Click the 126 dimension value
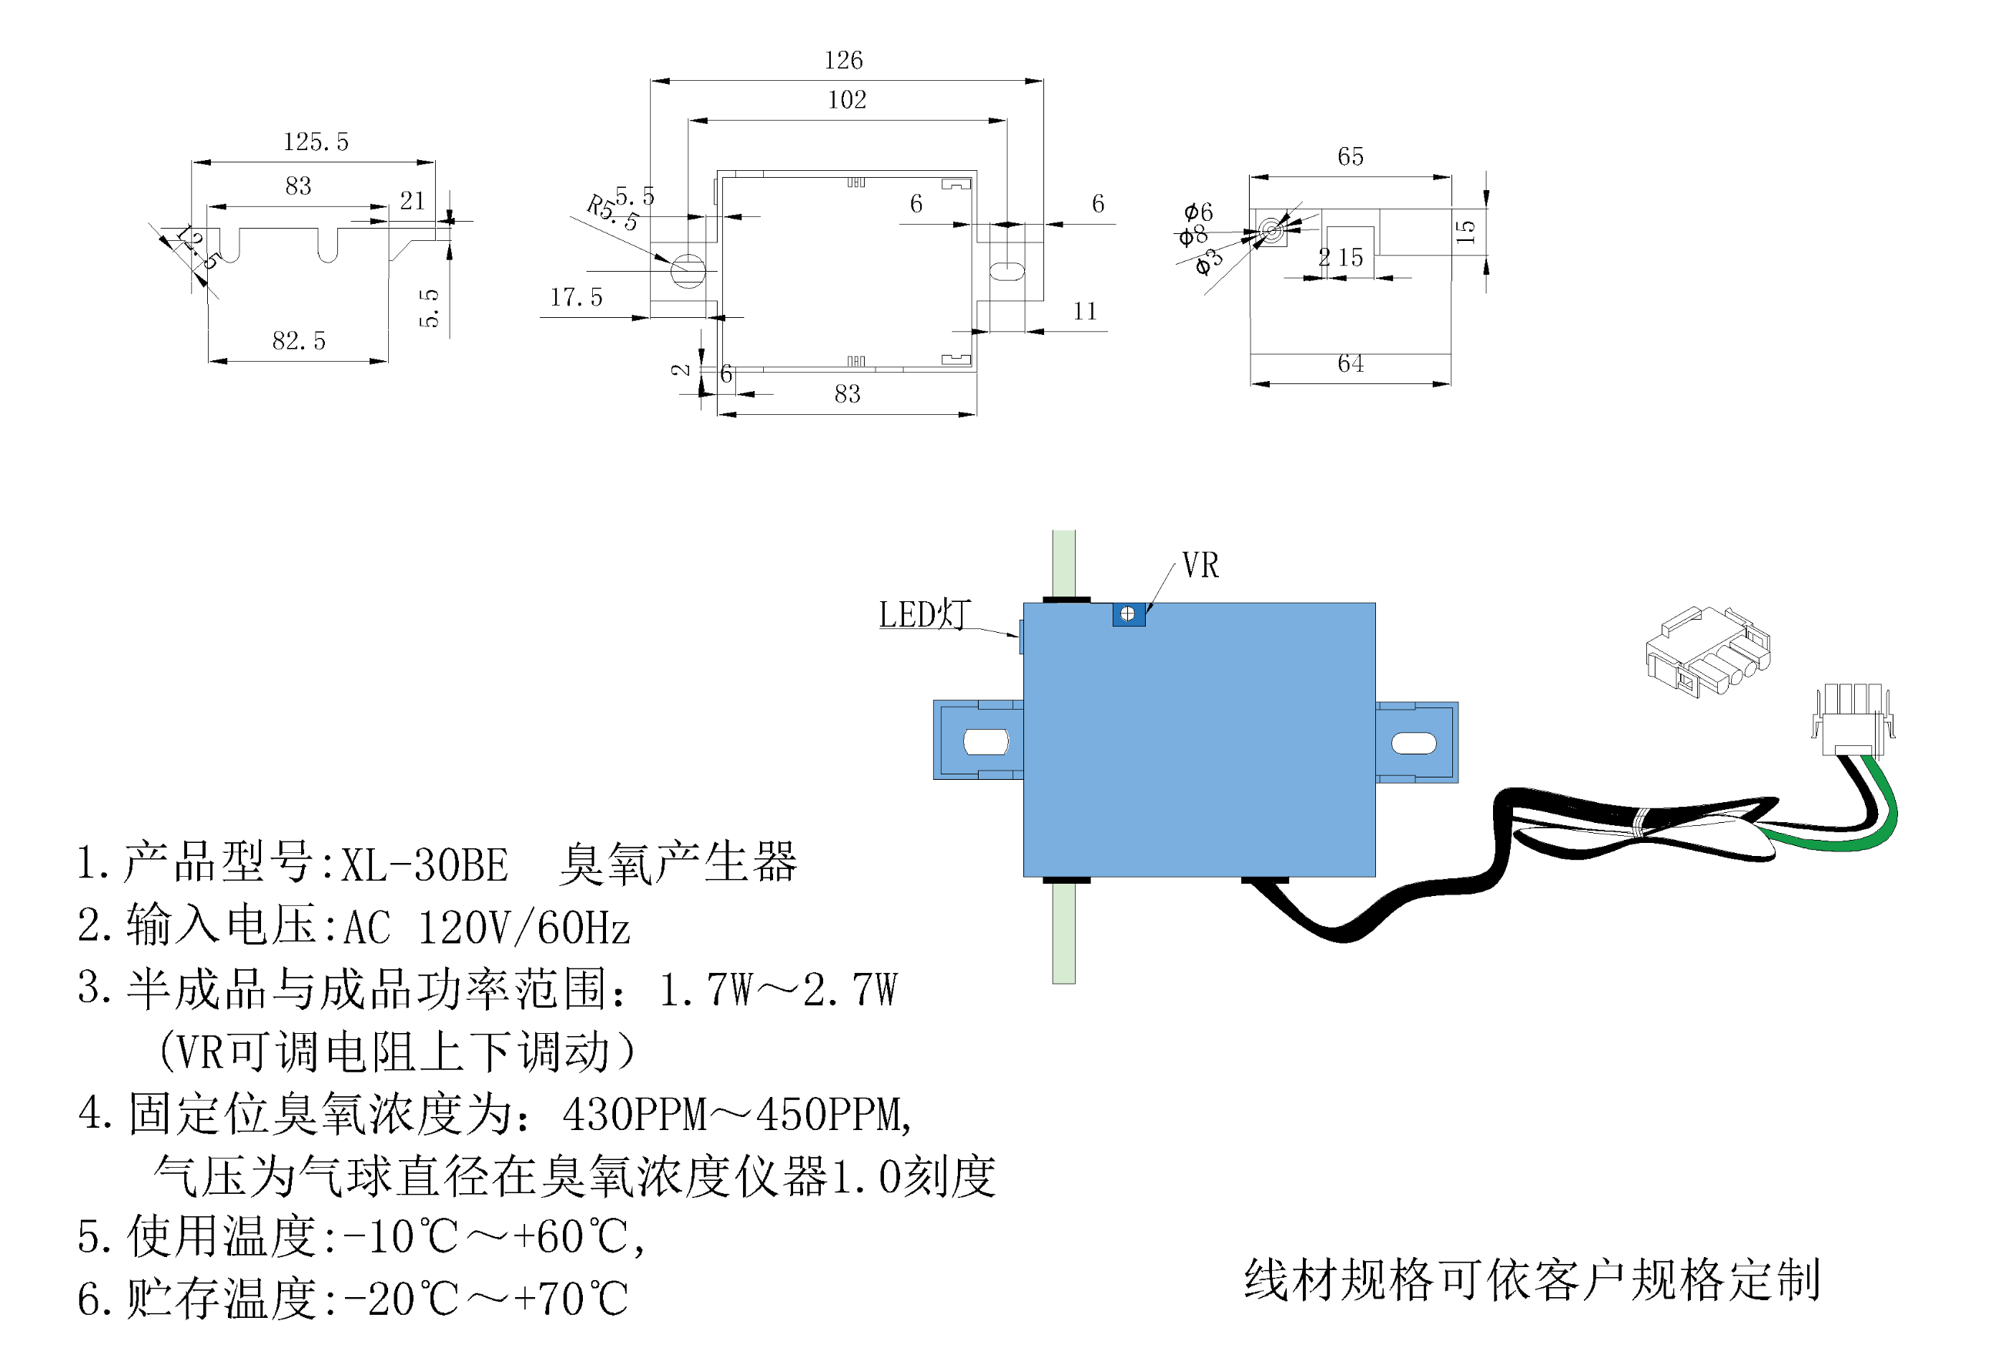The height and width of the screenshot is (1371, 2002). [842, 60]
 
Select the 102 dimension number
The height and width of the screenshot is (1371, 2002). [847, 100]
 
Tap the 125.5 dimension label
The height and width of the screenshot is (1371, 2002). [316, 142]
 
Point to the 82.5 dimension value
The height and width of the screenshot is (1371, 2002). [299, 341]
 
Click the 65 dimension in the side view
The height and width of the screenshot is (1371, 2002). [1350, 157]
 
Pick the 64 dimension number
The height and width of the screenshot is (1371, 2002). [1350, 363]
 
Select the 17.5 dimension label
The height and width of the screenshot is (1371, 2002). [576, 298]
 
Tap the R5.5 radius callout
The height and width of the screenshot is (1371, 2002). [612, 212]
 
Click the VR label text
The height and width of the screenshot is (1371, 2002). [1200, 566]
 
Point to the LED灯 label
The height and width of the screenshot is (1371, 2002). [924, 615]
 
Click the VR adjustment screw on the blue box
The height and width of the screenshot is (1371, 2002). [1127, 614]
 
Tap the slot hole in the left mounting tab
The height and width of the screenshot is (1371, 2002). [986, 741]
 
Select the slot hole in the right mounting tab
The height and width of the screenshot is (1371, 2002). [1414, 742]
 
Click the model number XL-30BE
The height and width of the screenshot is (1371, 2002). [425, 864]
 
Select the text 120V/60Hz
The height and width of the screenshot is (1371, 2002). [524, 928]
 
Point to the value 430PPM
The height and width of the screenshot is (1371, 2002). [634, 1115]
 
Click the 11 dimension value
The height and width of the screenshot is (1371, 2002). [1085, 312]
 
